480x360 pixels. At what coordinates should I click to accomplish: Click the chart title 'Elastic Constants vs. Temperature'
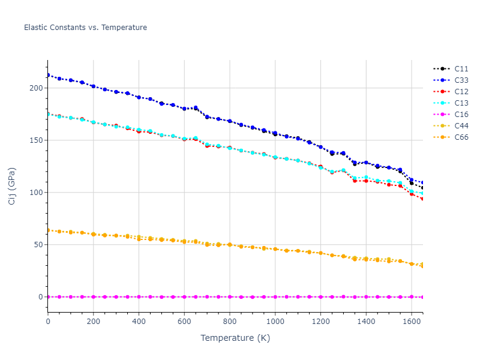pyautogui.click(x=85, y=28)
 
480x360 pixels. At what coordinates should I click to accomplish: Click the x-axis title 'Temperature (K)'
pyautogui.click(x=235, y=338)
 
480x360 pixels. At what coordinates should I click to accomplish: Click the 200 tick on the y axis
pyautogui.click(x=37, y=88)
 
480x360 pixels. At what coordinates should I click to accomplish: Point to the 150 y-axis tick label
pyautogui.click(x=37, y=140)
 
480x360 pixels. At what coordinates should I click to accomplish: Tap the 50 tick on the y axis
pyautogui.click(x=39, y=245)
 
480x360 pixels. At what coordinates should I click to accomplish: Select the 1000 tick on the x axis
pyautogui.click(x=275, y=322)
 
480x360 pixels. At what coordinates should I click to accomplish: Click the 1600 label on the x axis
pyautogui.click(x=412, y=322)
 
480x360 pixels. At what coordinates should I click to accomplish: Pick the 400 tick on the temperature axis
pyautogui.click(x=139, y=322)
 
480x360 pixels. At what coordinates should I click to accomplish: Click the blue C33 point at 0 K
pyautogui.click(x=48, y=75)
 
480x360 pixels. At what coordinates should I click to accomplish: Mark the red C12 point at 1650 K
pyautogui.click(x=422, y=199)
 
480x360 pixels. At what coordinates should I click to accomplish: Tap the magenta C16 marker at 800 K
pyautogui.click(x=230, y=296)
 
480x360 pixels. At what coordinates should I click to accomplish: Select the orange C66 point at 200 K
pyautogui.click(x=94, y=234)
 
